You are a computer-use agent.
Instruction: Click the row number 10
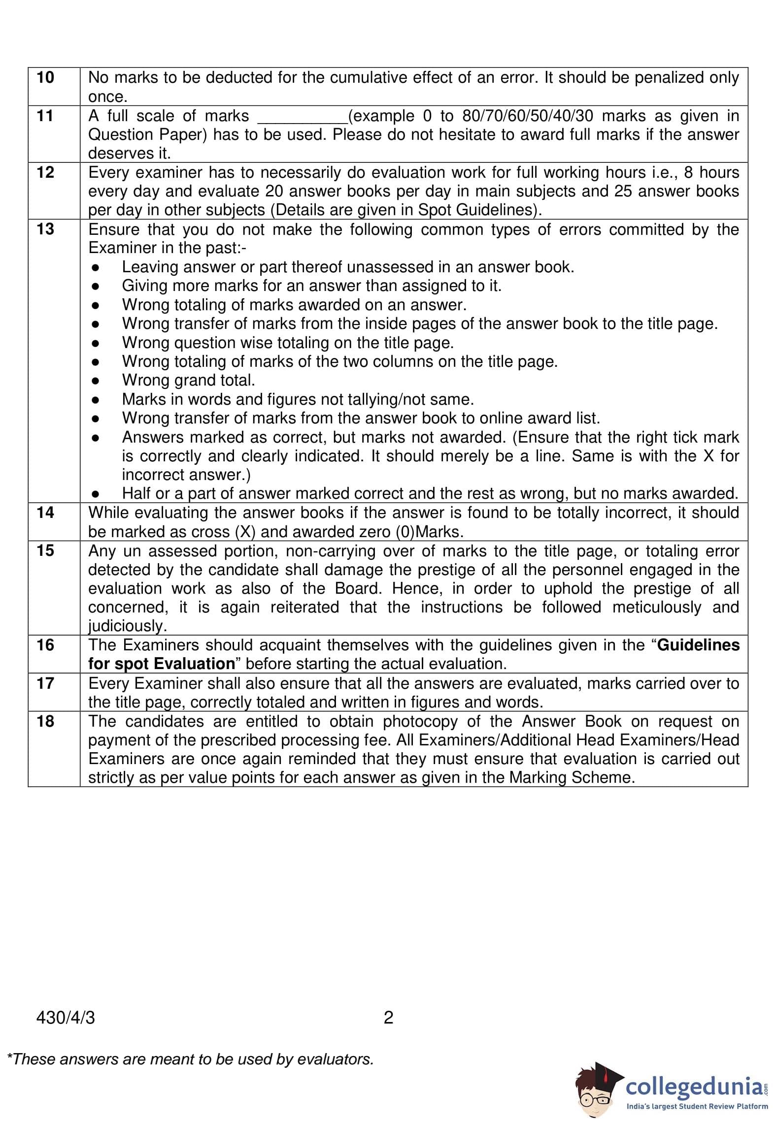point(45,77)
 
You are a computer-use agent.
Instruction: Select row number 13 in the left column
point(45,229)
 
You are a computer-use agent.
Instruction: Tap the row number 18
point(45,721)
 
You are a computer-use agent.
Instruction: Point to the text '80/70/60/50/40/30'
point(528,116)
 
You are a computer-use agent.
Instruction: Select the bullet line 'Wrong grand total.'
point(188,380)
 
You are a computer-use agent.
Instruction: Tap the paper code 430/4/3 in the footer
point(66,1017)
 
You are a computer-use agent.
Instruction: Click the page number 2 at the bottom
point(388,1017)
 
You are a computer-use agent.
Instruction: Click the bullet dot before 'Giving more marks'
point(96,286)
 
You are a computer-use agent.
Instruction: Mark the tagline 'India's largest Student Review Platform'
point(697,1106)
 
